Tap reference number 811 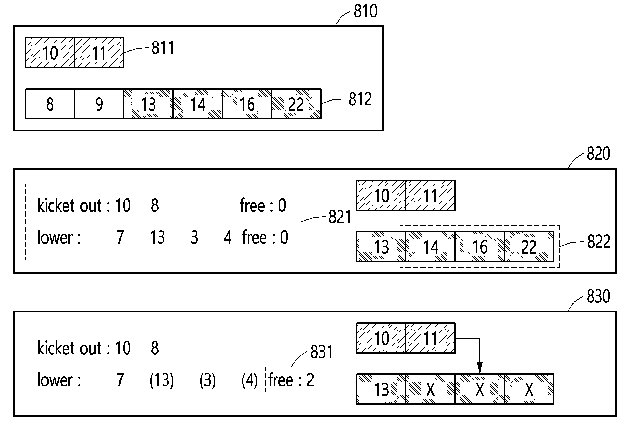pos(163,48)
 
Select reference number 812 pos(360,99)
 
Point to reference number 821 pos(340,217)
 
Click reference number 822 pos(599,242)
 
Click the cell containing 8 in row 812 pos(50,104)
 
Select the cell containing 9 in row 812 pos(99,104)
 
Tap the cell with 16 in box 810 pos(247,104)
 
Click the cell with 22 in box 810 pos(296,104)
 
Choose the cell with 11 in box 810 pos(99,53)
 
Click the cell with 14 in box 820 pos(430,247)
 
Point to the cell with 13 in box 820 pos(381,247)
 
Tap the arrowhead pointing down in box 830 pos(480,370)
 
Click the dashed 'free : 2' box pos(291,379)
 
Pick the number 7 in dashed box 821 pos(120,237)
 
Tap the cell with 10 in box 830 pos(381,338)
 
